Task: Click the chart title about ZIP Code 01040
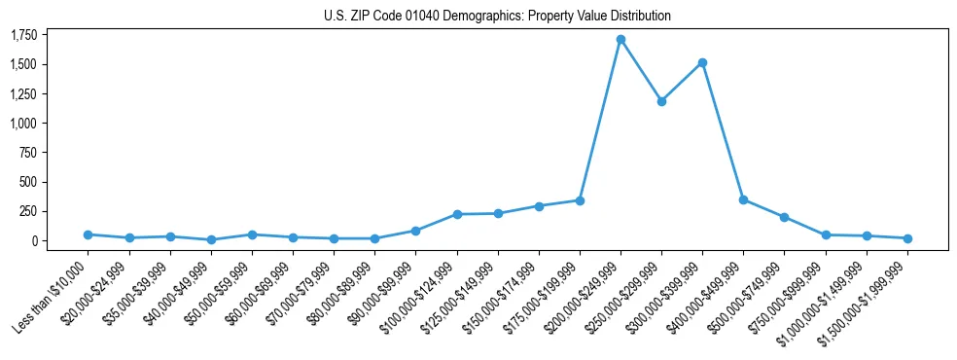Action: click(x=497, y=16)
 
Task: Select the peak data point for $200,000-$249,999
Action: click(x=620, y=40)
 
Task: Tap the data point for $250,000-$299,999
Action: click(x=661, y=101)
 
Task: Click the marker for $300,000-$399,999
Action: click(x=702, y=62)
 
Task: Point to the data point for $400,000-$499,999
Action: click(x=743, y=199)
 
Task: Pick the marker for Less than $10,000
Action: click(x=89, y=234)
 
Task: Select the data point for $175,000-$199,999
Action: click(x=580, y=200)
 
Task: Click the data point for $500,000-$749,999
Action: click(x=784, y=217)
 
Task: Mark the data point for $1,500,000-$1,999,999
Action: click(x=907, y=238)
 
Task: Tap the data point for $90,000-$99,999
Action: click(x=415, y=231)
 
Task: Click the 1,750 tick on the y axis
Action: click(x=23, y=35)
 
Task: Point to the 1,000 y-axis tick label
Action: click(x=23, y=124)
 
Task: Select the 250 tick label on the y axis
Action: click(x=28, y=211)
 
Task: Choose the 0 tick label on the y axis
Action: click(x=33, y=240)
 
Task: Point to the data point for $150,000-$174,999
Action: click(x=539, y=206)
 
